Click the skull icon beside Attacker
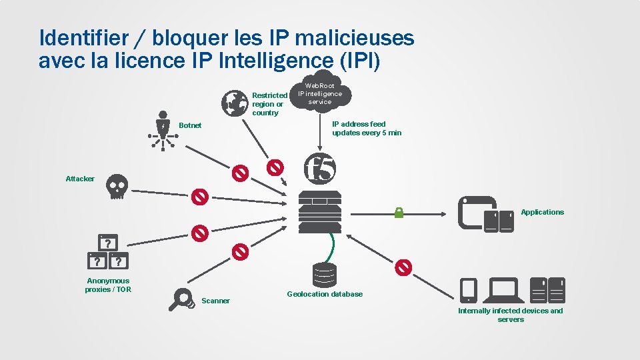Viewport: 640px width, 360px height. click(117, 187)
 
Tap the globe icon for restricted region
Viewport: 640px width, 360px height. click(234, 102)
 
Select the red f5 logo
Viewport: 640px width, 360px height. click(320, 168)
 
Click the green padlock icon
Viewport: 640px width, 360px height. click(399, 213)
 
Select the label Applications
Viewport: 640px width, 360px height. click(542, 212)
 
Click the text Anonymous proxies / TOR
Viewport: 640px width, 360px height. click(108, 285)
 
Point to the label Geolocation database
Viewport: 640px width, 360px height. click(325, 294)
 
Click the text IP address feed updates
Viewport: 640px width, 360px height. click(367, 129)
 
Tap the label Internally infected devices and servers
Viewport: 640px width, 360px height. click(511, 315)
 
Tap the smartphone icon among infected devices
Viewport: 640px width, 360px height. click(469, 289)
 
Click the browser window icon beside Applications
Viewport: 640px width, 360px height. click(476, 212)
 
